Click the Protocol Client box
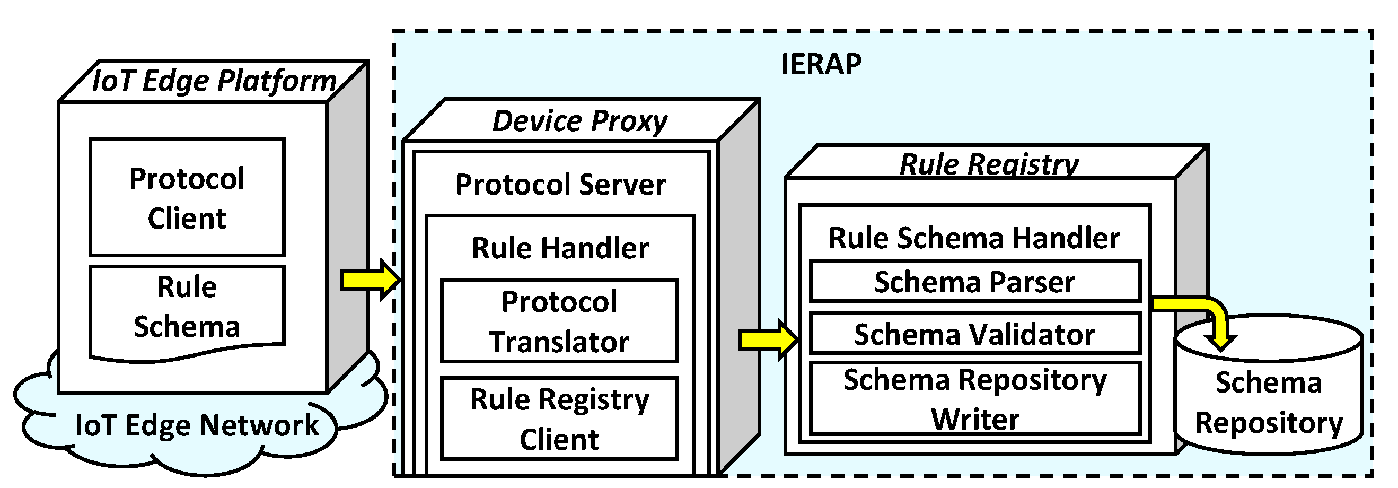[187, 198]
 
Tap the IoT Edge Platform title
[214, 81]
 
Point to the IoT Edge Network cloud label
[197, 424]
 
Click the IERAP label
[821, 64]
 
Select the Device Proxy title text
[579, 120]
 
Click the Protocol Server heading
[560, 185]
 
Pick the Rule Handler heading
[560, 248]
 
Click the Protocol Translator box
[559, 321]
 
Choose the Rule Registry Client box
[559, 419]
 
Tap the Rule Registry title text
[989, 164]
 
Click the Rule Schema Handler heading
[974, 238]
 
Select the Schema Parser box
[974, 282]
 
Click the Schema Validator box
[974, 334]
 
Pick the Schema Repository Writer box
[974, 399]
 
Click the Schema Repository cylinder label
[1269, 402]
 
